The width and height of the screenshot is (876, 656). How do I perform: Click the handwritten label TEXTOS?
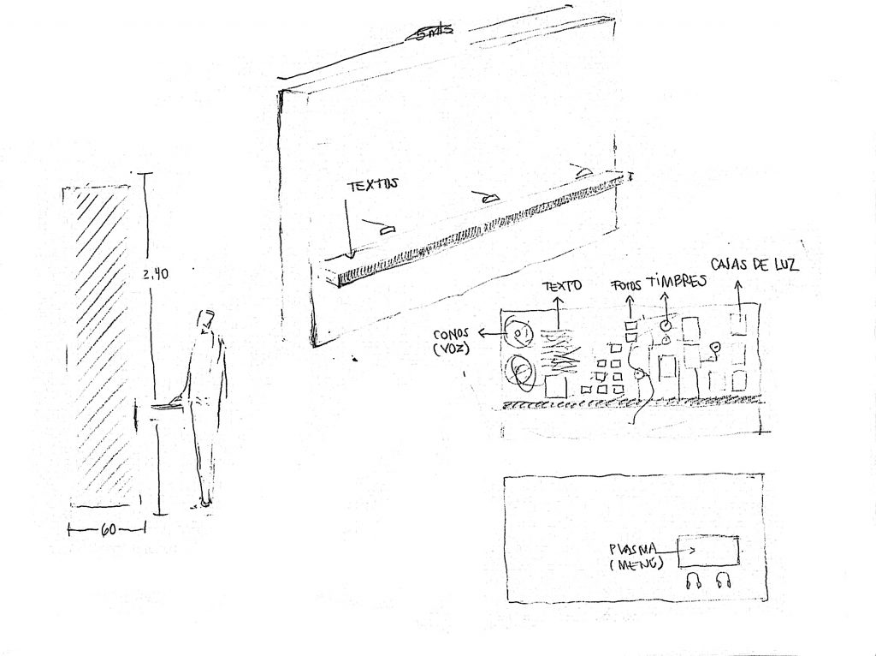(x=372, y=185)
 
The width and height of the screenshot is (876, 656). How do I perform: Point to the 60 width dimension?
(x=109, y=530)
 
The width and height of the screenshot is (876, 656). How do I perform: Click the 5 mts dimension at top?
(x=431, y=33)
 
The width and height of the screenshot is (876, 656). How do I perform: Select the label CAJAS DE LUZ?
(x=755, y=265)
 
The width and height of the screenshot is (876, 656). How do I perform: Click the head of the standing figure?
(x=204, y=320)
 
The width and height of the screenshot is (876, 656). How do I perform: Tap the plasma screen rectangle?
(x=708, y=552)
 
